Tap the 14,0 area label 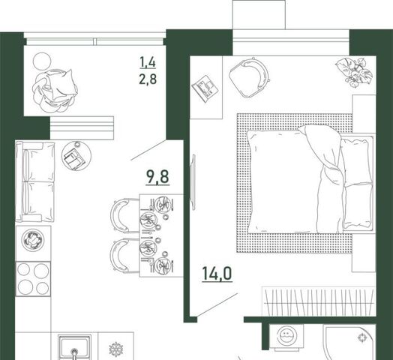(217, 273)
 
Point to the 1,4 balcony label (148, 62)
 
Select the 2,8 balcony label (148, 79)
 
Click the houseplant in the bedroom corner (354, 72)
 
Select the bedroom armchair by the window (249, 78)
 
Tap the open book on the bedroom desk (205, 88)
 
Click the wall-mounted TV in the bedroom (193, 182)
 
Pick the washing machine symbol (287, 334)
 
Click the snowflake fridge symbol (116, 349)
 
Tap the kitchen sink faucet (74, 353)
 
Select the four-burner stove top (33, 279)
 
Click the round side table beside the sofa (76, 155)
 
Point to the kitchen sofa (35, 181)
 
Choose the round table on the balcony (42, 61)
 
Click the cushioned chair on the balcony (55, 91)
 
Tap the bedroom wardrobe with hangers (319, 301)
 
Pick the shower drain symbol (362, 337)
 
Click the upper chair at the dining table (124, 215)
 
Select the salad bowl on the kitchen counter (33, 240)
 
